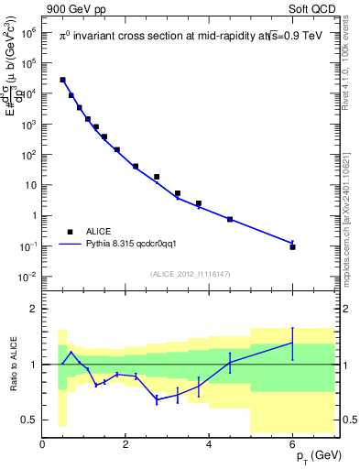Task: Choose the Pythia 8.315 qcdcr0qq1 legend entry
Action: pyautogui.click(x=119, y=245)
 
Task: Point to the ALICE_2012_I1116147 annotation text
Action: pyautogui.click(x=191, y=274)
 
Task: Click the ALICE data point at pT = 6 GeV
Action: pyautogui.click(x=292, y=246)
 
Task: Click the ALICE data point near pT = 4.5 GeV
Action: pyautogui.click(x=230, y=220)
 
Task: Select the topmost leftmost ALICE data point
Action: pyautogui.click(x=62, y=80)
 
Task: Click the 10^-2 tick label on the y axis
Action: pyautogui.click(x=28, y=277)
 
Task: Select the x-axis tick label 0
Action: pyautogui.click(x=42, y=446)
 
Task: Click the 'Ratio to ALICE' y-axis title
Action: pyautogui.click(x=11, y=365)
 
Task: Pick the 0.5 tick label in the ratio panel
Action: pyautogui.click(x=30, y=420)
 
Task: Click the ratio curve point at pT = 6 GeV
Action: pyautogui.click(x=292, y=343)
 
